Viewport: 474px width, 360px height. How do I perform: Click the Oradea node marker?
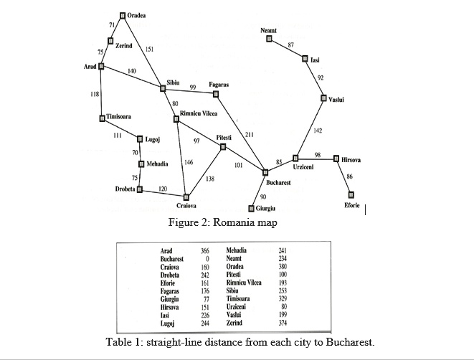click(x=123, y=15)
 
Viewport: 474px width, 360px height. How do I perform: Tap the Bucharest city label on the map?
click(x=277, y=183)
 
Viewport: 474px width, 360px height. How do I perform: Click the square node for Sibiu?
click(x=163, y=88)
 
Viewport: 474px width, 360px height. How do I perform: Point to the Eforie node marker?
click(x=351, y=194)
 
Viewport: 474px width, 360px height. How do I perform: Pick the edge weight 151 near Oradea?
click(x=148, y=49)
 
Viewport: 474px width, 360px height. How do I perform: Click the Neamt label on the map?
click(x=268, y=30)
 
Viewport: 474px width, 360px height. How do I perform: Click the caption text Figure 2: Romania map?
click(x=222, y=222)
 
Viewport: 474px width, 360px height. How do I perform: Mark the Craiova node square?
click(x=186, y=196)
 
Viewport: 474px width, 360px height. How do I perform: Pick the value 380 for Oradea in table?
click(x=282, y=267)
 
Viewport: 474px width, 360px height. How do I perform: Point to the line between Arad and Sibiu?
click(x=132, y=77)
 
